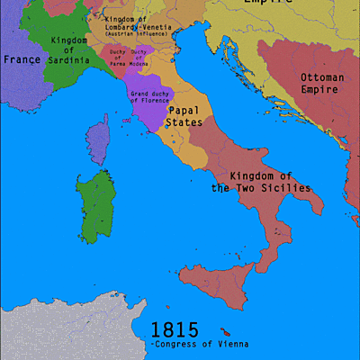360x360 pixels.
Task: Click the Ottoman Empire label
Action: (321, 84)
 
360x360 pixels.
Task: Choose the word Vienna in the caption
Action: (229, 345)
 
